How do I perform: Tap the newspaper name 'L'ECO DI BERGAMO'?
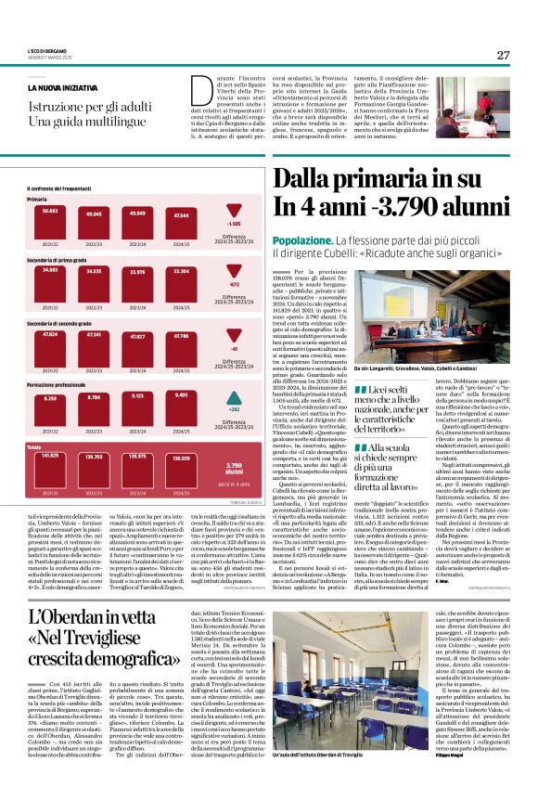coord(45,49)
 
